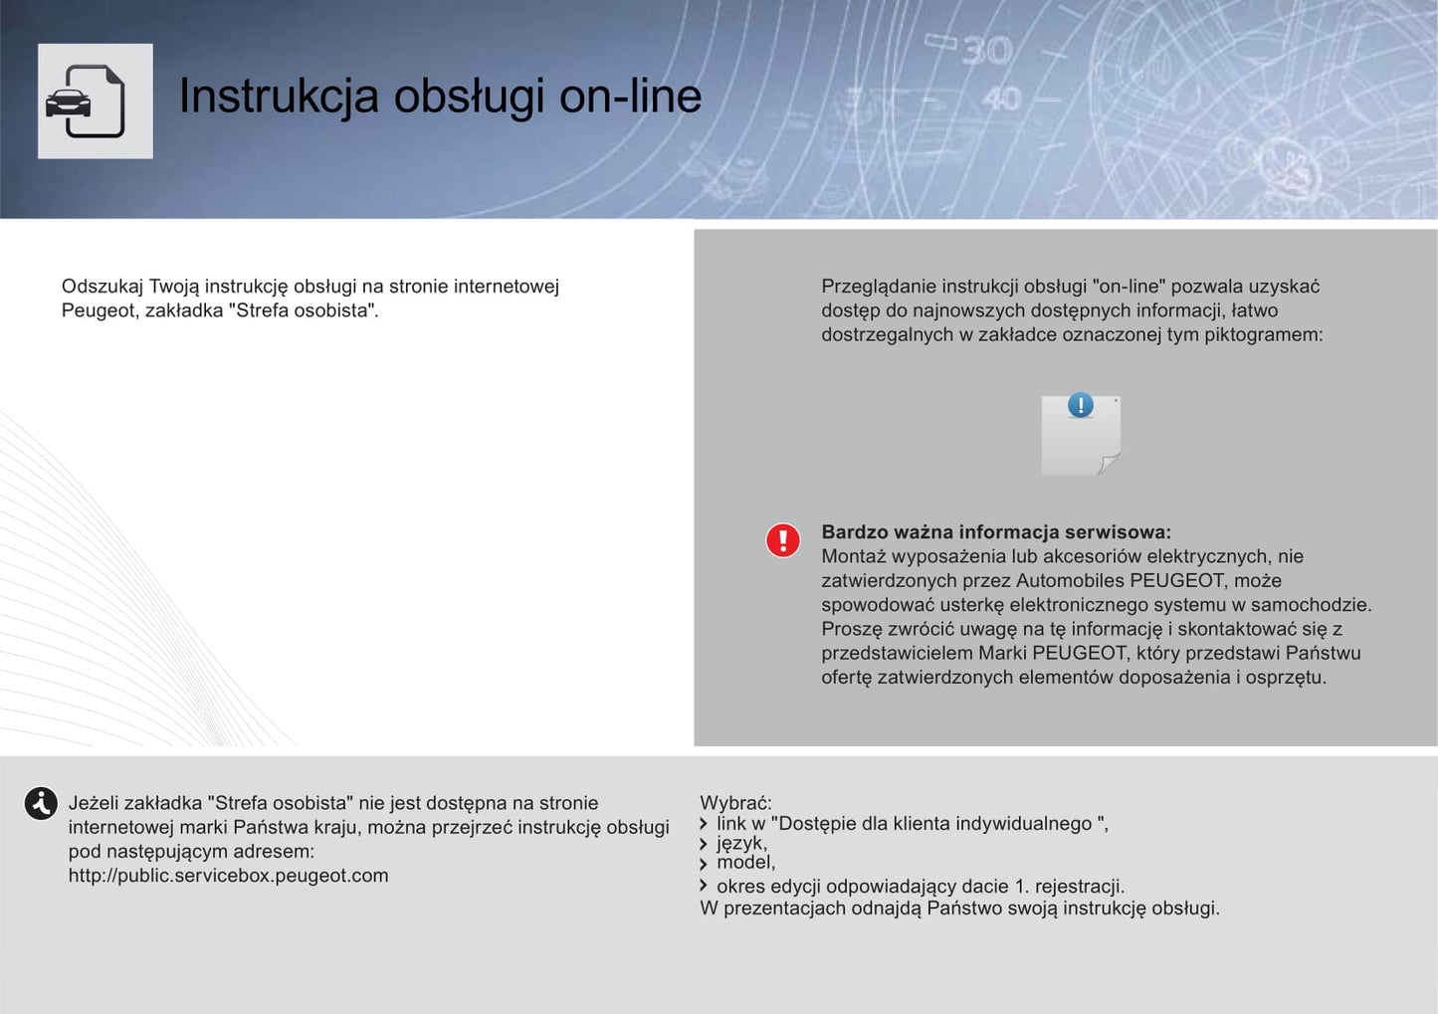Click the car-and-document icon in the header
point(95,101)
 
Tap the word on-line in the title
point(630,97)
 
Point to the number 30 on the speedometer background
point(986,51)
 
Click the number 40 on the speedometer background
point(1001,98)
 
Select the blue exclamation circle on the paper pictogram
point(1080,405)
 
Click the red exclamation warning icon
point(783,540)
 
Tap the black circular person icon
point(41,803)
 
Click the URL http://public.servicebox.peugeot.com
point(228,876)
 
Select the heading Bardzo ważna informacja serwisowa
point(995,532)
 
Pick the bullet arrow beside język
point(704,844)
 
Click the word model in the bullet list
point(744,862)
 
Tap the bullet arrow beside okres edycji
point(704,886)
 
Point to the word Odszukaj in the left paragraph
point(103,287)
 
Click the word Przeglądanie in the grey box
point(879,287)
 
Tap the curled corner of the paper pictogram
point(1108,463)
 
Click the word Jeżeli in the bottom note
point(96,803)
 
